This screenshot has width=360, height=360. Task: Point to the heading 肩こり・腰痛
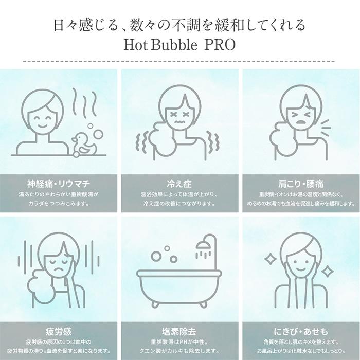pos(300,184)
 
